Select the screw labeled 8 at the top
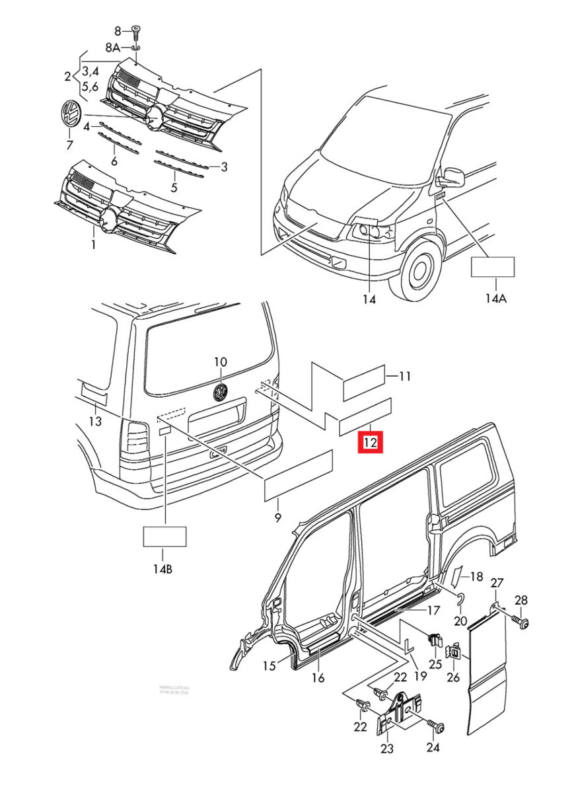(x=136, y=30)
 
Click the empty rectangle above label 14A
(x=492, y=267)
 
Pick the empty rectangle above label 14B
(x=165, y=536)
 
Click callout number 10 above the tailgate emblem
(x=220, y=361)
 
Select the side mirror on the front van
(x=454, y=177)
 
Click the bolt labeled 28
(x=523, y=621)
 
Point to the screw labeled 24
(x=437, y=727)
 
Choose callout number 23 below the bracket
(x=386, y=749)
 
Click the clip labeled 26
(x=455, y=653)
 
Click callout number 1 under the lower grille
(x=93, y=245)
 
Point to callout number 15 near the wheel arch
(x=268, y=666)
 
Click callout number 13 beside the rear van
(x=95, y=421)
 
